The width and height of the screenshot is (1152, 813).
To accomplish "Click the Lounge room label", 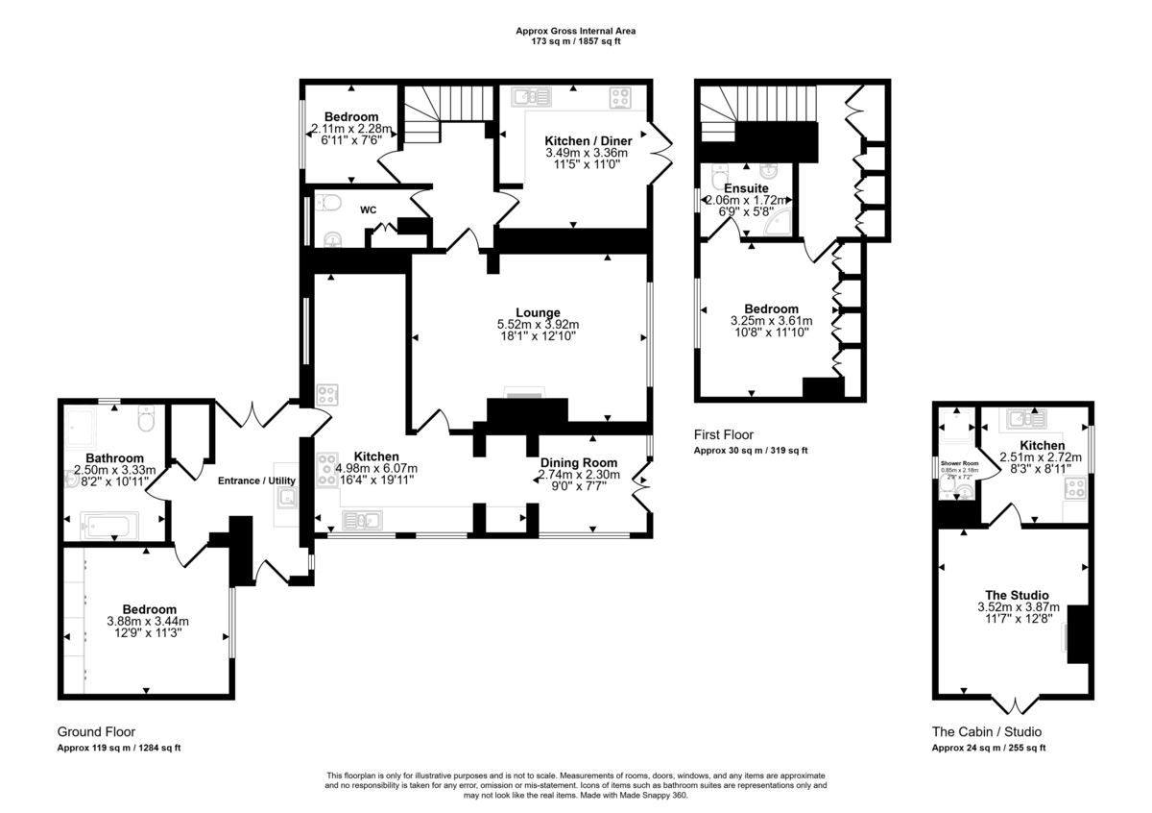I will (x=538, y=312).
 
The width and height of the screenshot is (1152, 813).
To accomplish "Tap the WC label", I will (x=369, y=209).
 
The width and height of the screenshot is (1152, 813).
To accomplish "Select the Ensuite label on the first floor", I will (x=745, y=188).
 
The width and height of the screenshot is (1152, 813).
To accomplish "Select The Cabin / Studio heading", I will (x=986, y=731).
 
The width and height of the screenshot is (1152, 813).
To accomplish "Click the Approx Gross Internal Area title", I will (x=575, y=31).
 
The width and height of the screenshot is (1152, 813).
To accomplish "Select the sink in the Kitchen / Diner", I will (x=529, y=96).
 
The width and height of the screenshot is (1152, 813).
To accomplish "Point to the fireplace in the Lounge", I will (x=525, y=394).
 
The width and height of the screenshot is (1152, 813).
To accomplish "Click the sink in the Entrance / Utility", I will (x=286, y=496).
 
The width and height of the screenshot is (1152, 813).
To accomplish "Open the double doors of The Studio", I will (x=1013, y=706).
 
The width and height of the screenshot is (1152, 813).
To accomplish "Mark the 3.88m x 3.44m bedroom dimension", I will (x=149, y=621).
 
